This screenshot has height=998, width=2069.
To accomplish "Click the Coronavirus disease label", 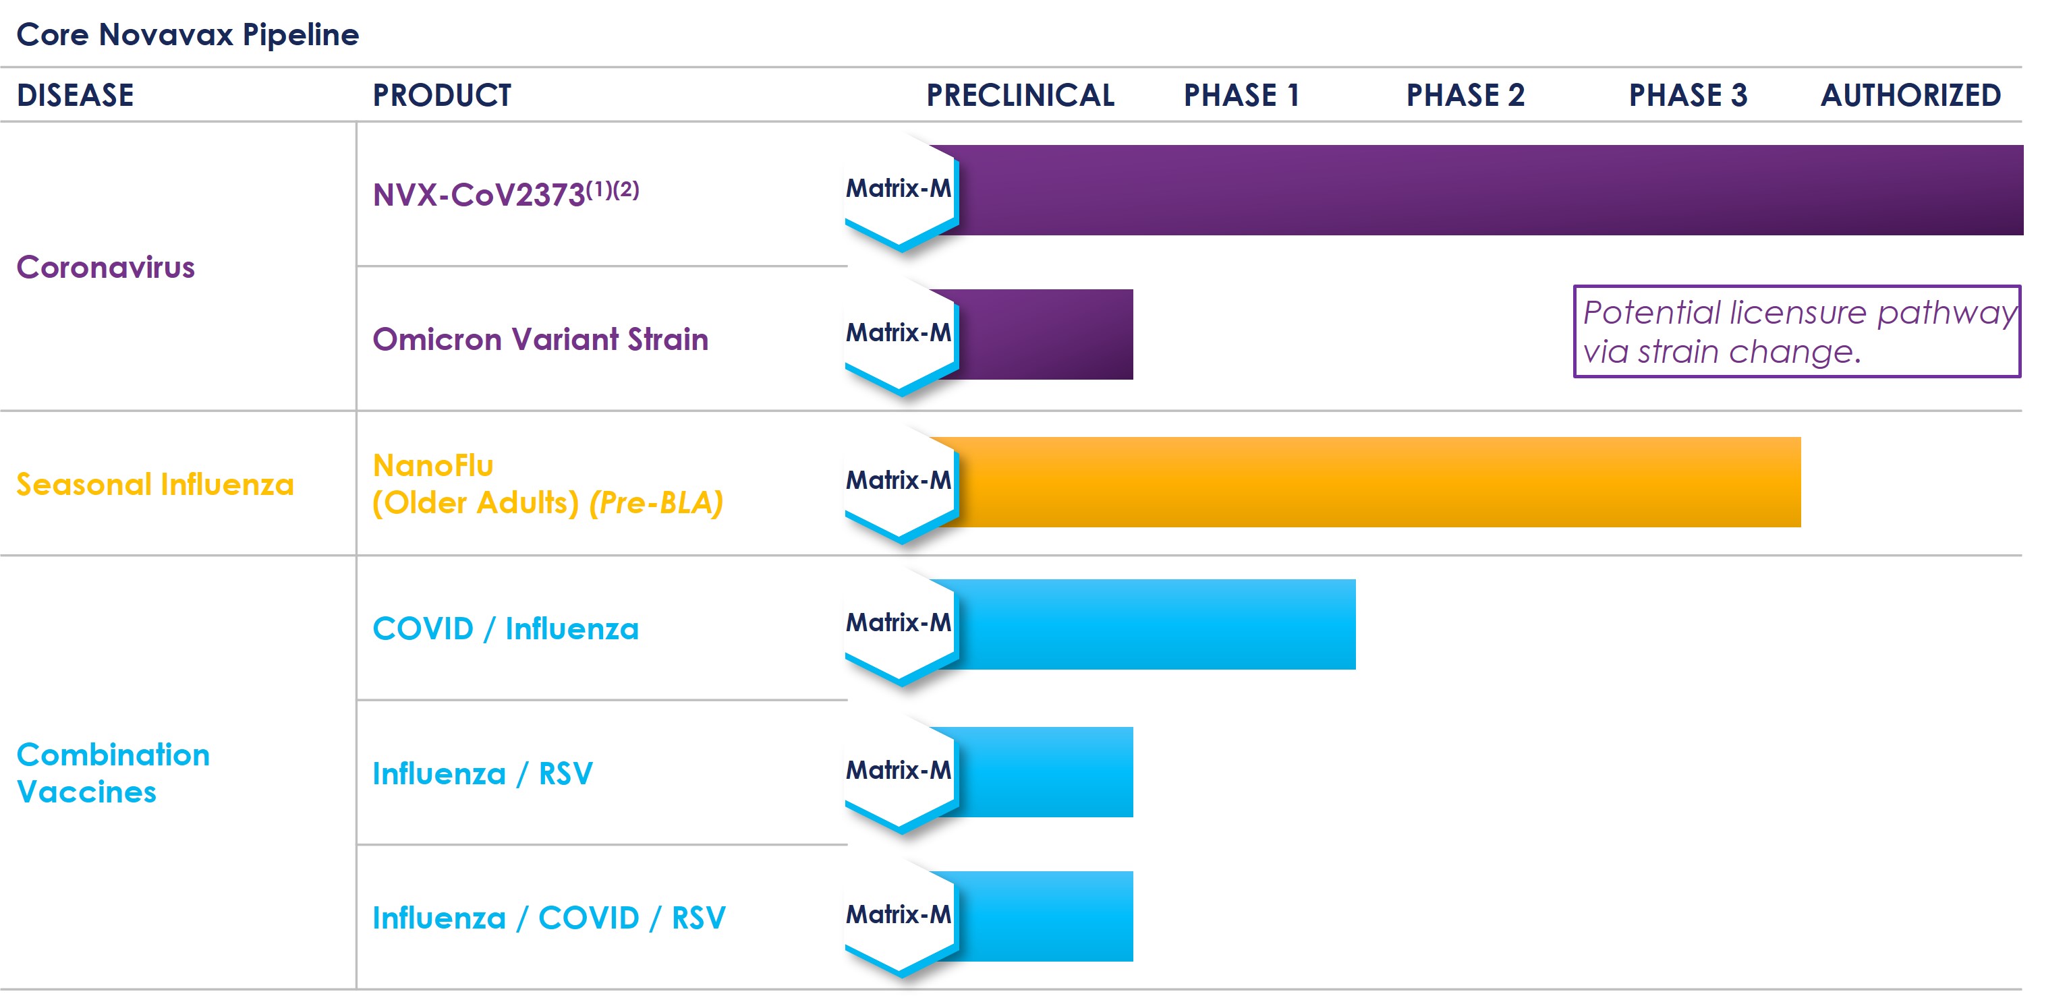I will pos(105,267).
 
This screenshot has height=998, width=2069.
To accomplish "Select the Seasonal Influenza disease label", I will pos(155,484).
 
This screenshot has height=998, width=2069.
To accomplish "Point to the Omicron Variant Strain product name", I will pos(540,339).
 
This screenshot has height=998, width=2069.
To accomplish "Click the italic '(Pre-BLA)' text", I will pos(656,502).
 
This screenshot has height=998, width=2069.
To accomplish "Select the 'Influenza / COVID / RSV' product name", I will pos(548,918).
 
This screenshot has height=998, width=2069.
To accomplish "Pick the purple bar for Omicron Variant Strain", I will pos(1044,334).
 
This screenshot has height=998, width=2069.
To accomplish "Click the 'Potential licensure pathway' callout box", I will pos(1796,332).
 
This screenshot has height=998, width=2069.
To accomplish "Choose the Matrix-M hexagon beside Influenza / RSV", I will pos(899,771).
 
